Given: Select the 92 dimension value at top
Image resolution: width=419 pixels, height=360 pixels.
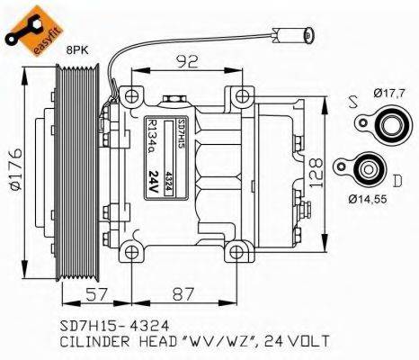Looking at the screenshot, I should click(x=187, y=62).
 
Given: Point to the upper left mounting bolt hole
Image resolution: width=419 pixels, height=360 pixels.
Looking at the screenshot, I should click(x=133, y=94).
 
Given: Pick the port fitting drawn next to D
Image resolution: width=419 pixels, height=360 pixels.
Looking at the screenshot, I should click(x=365, y=167).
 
